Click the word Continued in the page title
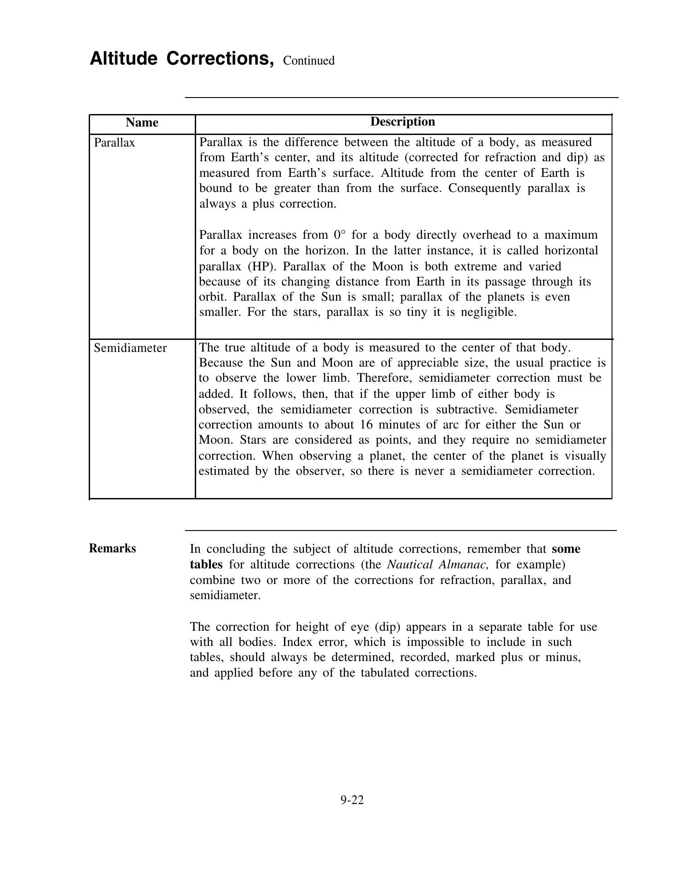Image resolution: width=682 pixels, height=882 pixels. pos(308,61)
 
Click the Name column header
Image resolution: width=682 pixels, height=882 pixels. pos(142,122)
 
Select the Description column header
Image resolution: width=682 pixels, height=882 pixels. pos(403,122)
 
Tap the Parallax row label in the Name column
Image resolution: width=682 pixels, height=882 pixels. pos(115,143)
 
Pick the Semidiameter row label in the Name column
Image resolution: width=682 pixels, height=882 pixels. pos(130,348)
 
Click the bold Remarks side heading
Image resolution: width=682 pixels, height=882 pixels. pos(112,548)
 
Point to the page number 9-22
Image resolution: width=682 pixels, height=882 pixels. pos(352,800)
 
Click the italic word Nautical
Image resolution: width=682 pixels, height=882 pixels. pos(410,564)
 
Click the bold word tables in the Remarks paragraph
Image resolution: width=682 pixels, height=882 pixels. pos(206,564)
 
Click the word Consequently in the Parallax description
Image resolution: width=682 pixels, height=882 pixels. pos(485,188)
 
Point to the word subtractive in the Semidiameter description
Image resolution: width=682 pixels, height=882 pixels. pos(467,409)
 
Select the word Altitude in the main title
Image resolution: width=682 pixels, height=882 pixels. pos(123,59)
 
